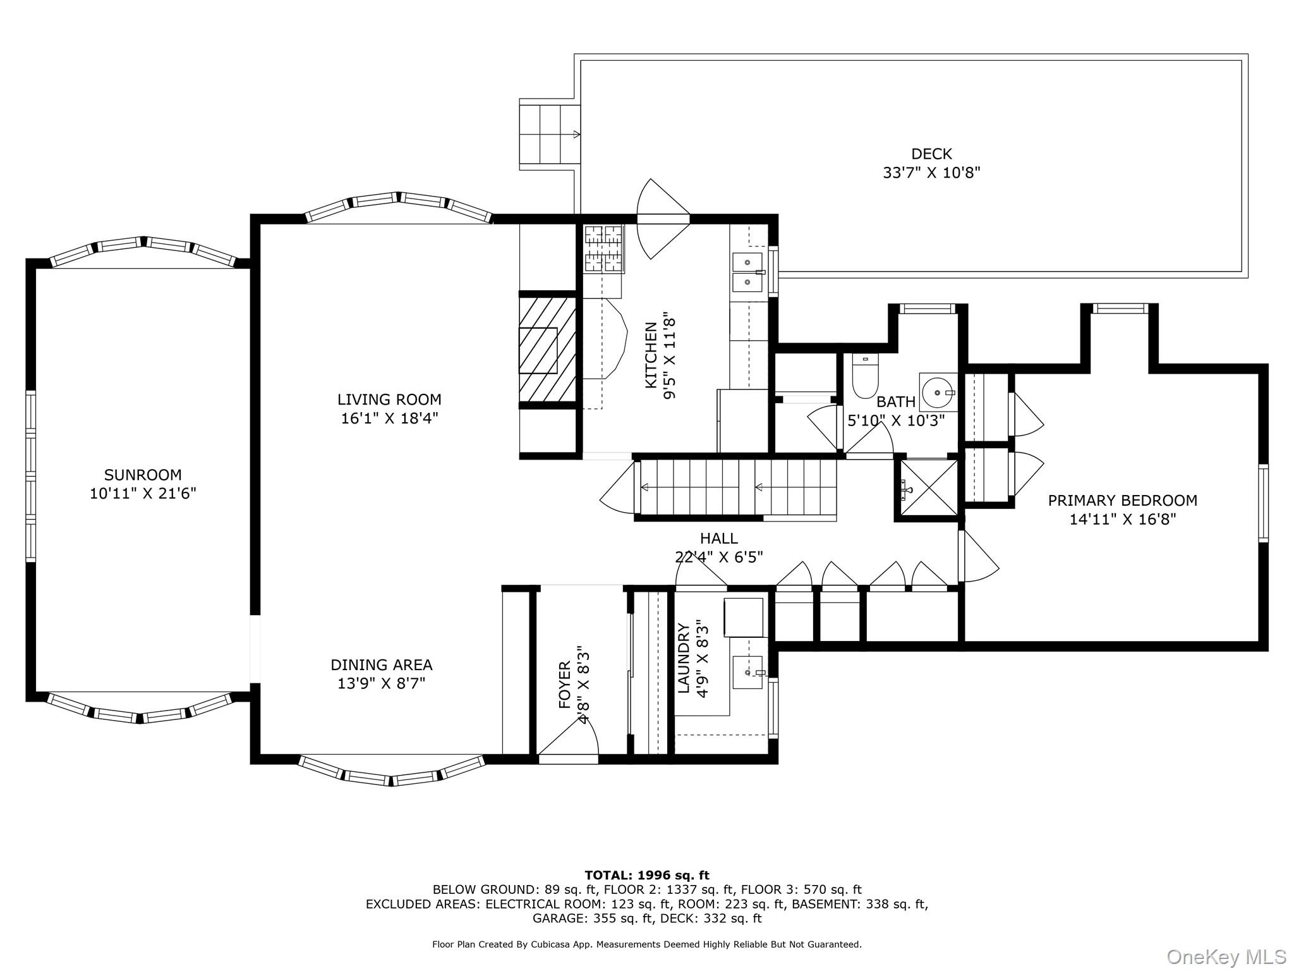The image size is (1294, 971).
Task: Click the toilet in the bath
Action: click(865, 375)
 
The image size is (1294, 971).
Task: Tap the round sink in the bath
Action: click(938, 392)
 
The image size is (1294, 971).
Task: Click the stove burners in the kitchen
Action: click(603, 249)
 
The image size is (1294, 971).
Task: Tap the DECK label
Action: click(931, 154)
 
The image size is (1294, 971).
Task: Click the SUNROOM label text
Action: click(143, 475)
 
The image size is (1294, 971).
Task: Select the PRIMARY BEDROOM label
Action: click(1122, 501)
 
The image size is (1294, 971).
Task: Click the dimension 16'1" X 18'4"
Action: click(389, 418)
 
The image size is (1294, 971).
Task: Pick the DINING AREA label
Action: click(381, 665)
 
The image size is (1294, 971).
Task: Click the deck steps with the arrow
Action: click(549, 134)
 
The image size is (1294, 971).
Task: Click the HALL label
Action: click(718, 539)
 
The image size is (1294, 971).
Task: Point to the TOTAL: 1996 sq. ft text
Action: click(646, 876)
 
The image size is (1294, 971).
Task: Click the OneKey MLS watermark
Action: click(1226, 957)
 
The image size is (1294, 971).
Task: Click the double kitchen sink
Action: click(747, 271)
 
